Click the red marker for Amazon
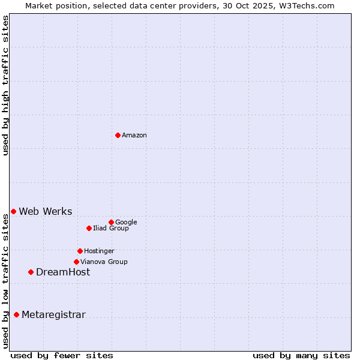pyautogui.click(x=118, y=135)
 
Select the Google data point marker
pyautogui.click(x=111, y=222)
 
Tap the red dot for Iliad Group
pyautogui.click(x=89, y=228)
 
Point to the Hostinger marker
pyautogui.click(x=80, y=251)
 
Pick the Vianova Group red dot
pyautogui.click(x=76, y=262)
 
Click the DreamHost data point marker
pyautogui.click(x=31, y=272)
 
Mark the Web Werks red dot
pyautogui.click(x=13, y=211)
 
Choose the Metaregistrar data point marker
pyautogui.click(x=16, y=314)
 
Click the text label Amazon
pyautogui.click(x=134, y=136)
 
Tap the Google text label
pyautogui.click(x=126, y=223)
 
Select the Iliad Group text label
pyautogui.click(x=111, y=229)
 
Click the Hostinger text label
pyautogui.click(x=99, y=251)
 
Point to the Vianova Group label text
pyautogui.click(x=104, y=262)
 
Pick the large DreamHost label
pyautogui.click(x=63, y=272)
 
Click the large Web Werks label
pyautogui.click(x=46, y=212)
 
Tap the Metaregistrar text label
pyautogui.click(x=53, y=315)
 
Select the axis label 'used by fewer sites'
pyautogui.click(x=62, y=355)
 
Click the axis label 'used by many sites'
pyautogui.click(x=301, y=355)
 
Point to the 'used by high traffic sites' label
pyautogui.click(x=6, y=86)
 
